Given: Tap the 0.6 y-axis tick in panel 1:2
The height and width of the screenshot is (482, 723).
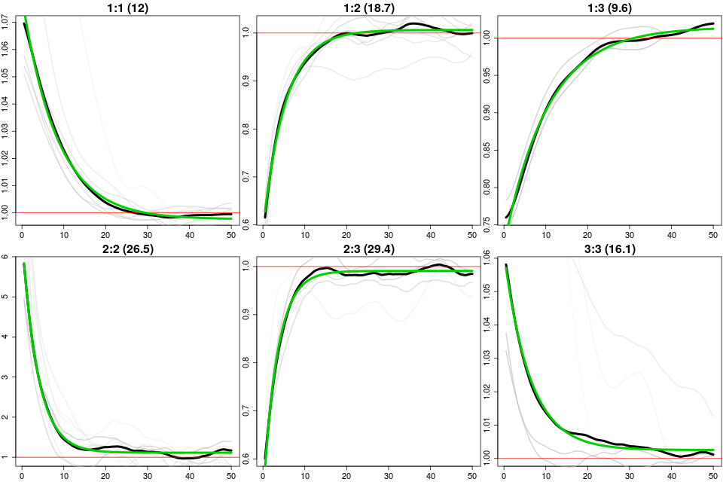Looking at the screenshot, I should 248,225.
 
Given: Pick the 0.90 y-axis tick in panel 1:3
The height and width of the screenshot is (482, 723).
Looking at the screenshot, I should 489,112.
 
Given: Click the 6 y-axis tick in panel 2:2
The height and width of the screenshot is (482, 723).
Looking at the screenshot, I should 7,256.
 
